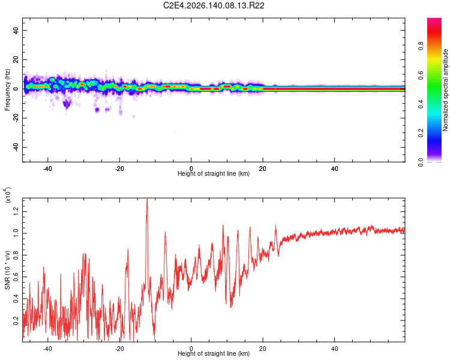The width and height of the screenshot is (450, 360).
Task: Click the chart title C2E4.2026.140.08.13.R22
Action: pyautogui.click(x=214, y=5)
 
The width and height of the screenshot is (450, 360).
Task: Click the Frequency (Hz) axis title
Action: pyautogui.click(x=7, y=90)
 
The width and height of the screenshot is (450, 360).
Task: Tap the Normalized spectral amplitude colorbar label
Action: pyautogui.click(x=445, y=90)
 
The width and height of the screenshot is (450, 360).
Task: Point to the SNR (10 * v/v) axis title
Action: pyautogui.click(x=7, y=270)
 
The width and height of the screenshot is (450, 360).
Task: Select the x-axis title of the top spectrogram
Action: pyautogui.click(x=214, y=173)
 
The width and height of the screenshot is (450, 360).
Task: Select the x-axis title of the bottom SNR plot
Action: pyautogui.click(x=214, y=353)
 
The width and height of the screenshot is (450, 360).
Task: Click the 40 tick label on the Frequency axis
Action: pyautogui.click(x=16, y=30)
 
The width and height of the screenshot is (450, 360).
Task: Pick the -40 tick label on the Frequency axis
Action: pyautogui.click(x=16, y=147)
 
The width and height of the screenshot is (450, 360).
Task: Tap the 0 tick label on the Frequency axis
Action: pyautogui.click(x=16, y=89)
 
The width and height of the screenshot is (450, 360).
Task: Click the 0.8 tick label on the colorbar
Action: pyautogui.click(x=421, y=46)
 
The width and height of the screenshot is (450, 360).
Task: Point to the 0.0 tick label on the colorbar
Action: pyautogui.click(x=421, y=162)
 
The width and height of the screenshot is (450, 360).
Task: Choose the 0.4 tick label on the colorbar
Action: pyautogui.click(x=421, y=104)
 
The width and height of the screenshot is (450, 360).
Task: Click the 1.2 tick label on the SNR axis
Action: pyautogui.click(x=16, y=212)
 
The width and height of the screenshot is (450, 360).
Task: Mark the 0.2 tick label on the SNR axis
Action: pyautogui.click(x=16, y=320)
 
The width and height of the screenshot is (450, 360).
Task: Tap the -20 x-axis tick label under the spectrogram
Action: pyautogui.click(x=119, y=169)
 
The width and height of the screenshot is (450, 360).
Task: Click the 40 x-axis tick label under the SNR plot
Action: pyautogui.click(x=334, y=349)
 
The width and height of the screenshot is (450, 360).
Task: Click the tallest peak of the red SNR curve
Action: pyautogui.click(x=147, y=199)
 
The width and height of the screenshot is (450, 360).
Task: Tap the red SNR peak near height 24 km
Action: pyautogui.click(x=276, y=226)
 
